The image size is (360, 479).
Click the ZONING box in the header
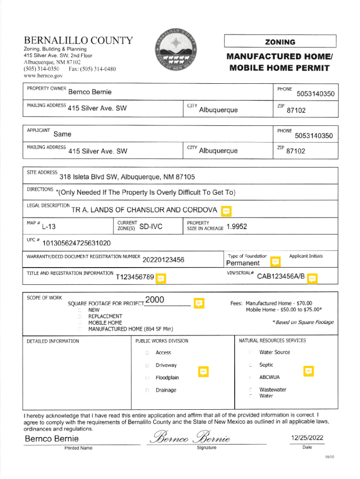(x=280, y=42)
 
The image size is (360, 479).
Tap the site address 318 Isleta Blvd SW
(x=127, y=177)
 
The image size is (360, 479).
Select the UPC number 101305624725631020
(x=77, y=243)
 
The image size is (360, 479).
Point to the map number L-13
(x=49, y=227)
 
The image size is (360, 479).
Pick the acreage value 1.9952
(x=236, y=227)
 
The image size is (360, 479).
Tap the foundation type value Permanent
(x=243, y=263)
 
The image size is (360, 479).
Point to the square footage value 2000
(x=154, y=300)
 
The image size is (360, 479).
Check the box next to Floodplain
(x=147, y=377)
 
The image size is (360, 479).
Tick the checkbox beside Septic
(x=251, y=365)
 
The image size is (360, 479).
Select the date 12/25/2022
(x=307, y=438)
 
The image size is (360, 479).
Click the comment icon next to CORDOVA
(x=226, y=211)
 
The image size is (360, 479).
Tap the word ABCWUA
(x=270, y=377)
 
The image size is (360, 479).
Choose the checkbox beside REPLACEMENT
(x=80, y=316)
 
